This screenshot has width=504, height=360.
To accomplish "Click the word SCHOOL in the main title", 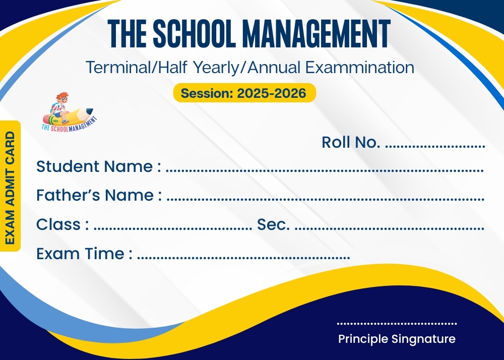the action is click(194, 33).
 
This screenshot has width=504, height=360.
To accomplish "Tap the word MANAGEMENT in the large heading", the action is click(317, 33).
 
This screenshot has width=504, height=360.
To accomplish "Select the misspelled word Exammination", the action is click(360, 68).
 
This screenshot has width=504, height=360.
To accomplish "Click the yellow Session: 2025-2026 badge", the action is click(244, 93).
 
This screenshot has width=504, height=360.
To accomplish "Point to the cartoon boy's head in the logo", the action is click(62, 97).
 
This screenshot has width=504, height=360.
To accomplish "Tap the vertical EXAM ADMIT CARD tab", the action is click(10, 186).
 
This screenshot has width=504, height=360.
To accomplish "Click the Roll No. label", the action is click(351, 142).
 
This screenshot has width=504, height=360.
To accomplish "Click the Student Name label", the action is click(99, 166).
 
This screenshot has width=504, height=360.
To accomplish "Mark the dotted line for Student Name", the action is click(325, 170).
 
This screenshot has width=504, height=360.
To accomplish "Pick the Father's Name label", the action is click(99, 195).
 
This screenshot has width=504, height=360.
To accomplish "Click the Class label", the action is click(62, 224).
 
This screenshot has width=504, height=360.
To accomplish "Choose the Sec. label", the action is click(273, 224).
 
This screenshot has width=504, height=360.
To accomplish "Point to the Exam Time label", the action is click(84, 253).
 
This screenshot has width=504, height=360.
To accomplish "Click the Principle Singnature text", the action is click(397, 339).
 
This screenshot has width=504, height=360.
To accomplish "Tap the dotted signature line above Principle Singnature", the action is click(397, 323).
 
